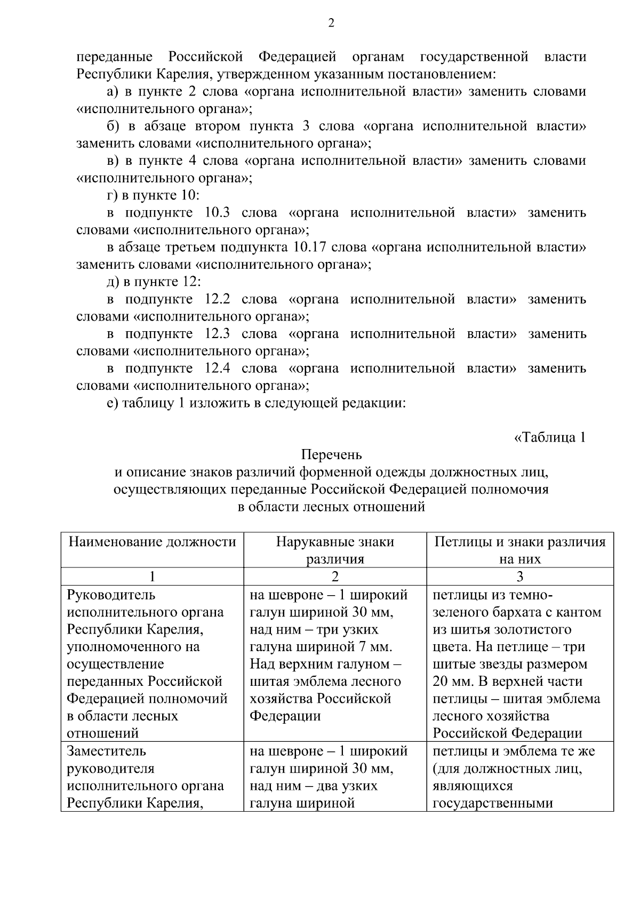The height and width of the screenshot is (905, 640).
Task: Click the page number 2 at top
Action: pyautogui.click(x=331, y=23)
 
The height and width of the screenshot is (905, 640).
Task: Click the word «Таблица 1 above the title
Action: pyautogui.click(x=550, y=437)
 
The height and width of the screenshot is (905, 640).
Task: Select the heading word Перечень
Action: pyautogui.click(x=331, y=455)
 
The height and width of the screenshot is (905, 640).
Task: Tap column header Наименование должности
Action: pyautogui.click(x=153, y=542)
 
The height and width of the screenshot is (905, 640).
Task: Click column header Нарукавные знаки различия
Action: pyautogui.click(x=335, y=550)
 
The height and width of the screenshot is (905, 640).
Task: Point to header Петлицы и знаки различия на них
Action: pyautogui.click(x=520, y=550)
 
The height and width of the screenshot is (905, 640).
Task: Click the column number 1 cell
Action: pyautogui.click(x=153, y=576)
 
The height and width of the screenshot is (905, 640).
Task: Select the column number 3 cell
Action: pyautogui.click(x=520, y=576)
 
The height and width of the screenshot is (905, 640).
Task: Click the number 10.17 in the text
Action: pyautogui.click(x=313, y=247)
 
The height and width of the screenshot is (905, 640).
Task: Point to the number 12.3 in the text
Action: pyautogui.click(x=217, y=334)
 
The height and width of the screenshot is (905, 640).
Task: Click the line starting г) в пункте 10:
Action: pyautogui.click(x=153, y=195)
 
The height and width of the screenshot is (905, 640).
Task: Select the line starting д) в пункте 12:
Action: pyautogui.click(x=154, y=282)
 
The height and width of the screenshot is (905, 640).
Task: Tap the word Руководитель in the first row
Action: pyautogui.click(x=111, y=595)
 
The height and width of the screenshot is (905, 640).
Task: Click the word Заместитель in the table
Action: pyautogui.click(x=107, y=751)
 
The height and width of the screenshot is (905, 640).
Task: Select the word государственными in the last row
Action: pyautogui.click(x=492, y=803)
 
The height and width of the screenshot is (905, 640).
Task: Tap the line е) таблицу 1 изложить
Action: pyautogui.click(x=257, y=403)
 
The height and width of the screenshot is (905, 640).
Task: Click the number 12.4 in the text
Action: pyautogui.click(x=217, y=369)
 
